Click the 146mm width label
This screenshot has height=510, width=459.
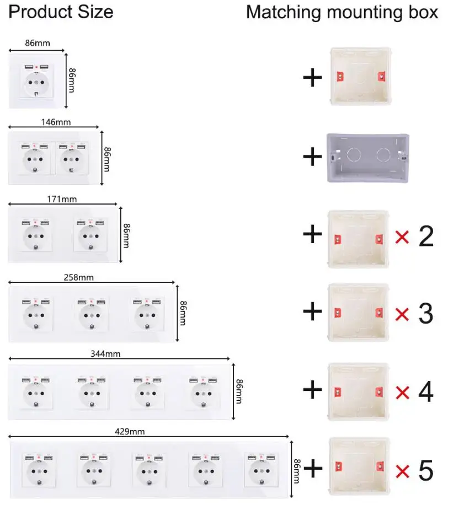pos(56,122)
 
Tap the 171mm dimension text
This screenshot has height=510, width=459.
pos(62,198)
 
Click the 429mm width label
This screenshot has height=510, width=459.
pos(130,431)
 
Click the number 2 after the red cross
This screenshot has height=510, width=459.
pos(426,236)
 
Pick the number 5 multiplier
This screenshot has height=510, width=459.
pos(426,470)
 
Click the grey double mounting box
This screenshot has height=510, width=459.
pos(368,158)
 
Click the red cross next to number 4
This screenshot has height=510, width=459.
pos(403,393)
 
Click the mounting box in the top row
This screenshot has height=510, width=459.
pos(361,76)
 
